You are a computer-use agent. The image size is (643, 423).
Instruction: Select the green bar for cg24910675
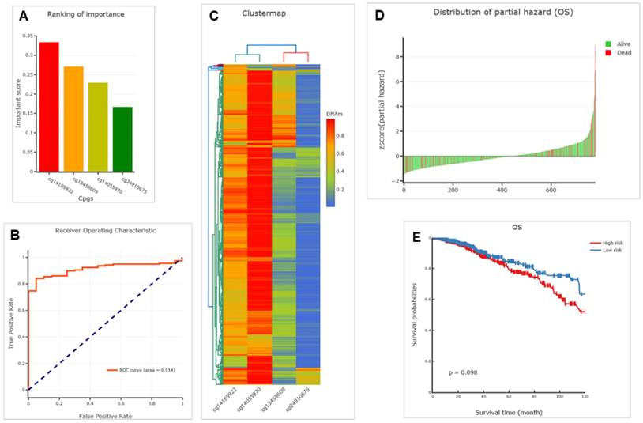(122, 139)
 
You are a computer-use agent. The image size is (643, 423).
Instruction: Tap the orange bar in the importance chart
(73, 119)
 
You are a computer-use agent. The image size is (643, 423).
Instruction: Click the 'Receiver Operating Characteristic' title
(106, 230)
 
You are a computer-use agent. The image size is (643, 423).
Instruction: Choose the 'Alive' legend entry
(615, 44)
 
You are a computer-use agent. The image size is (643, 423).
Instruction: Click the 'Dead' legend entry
(615, 53)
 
